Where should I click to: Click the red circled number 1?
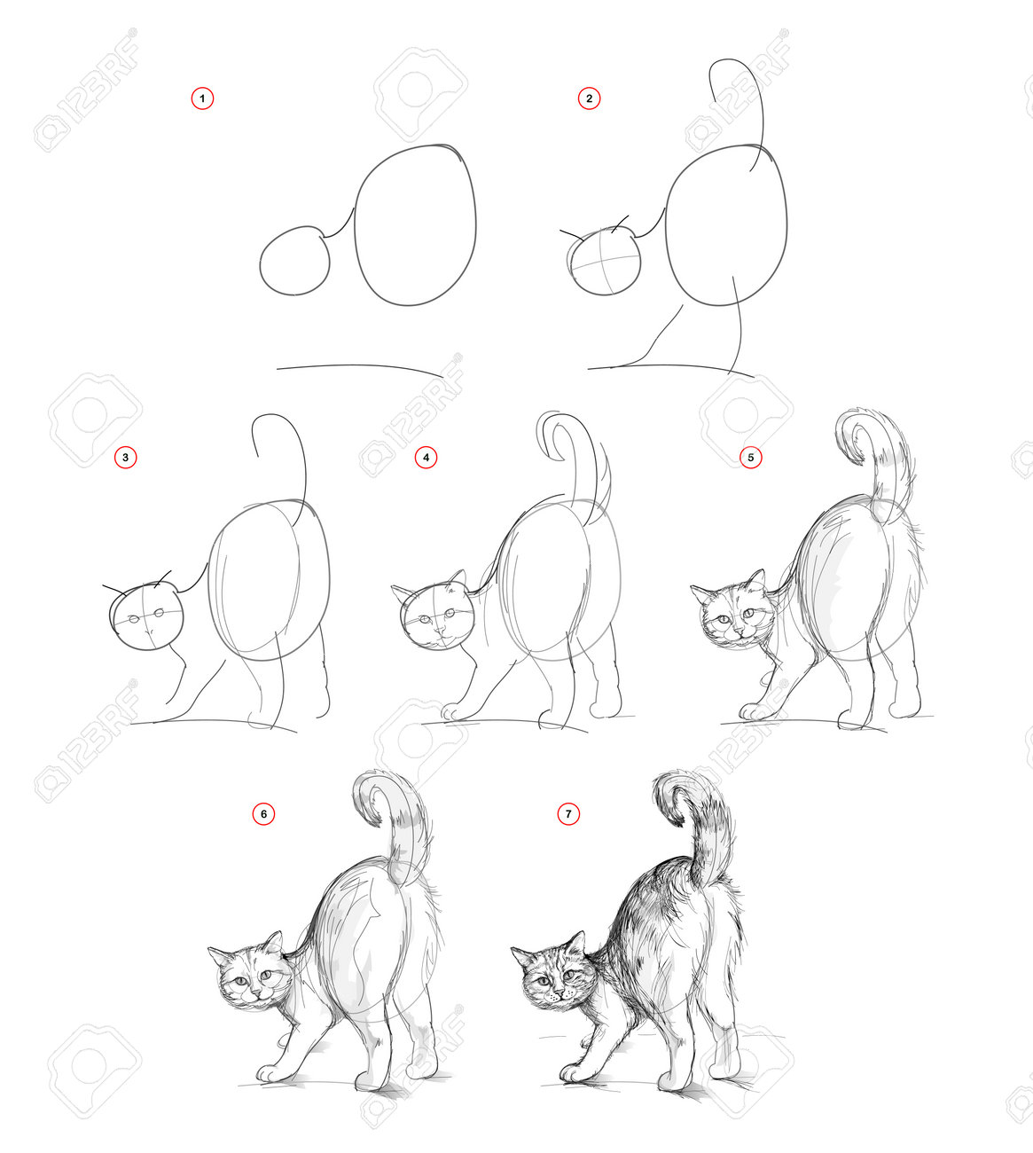(202, 98)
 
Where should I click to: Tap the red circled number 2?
(589, 98)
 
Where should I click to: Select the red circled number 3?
(125, 457)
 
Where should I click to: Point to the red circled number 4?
(426, 457)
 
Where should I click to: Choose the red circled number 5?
(751, 457)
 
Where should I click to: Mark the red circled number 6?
(263, 814)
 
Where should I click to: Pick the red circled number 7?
(568, 814)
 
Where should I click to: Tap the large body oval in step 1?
(356, 228)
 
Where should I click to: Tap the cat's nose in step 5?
(739, 631)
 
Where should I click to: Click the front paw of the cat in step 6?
(270, 1073)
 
